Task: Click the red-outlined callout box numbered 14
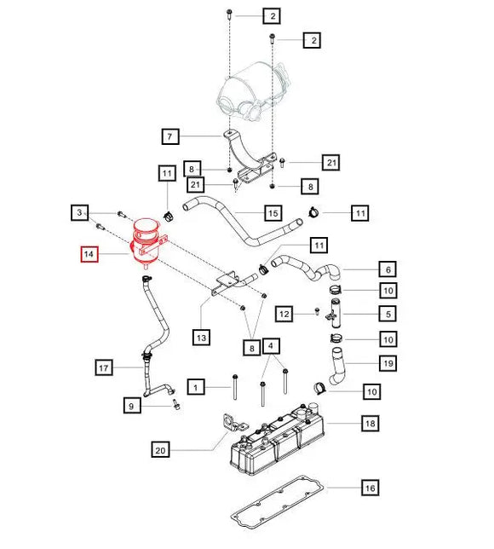pyautogui.click(x=89, y=254)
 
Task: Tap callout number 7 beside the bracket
pyautogui.click(x=170, y=136)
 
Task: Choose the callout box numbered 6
pyautogui.click(x=387, y=269)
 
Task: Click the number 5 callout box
pyautogui.click(x=387, y=315)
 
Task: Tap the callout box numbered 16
pyautogui.click(x=369, y=488)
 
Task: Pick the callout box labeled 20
pyautogui.click(x=161, y=449)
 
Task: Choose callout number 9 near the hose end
pyautogui.click(x=132, y=407)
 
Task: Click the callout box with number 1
pyautogui.click(x=196, y=389)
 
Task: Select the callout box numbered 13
pyautogui.click(x=201, y=338)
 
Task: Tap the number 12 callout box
pyautogui.click(x=284, y=315)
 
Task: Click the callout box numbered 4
pyautogui.click(x=271, y=346)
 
